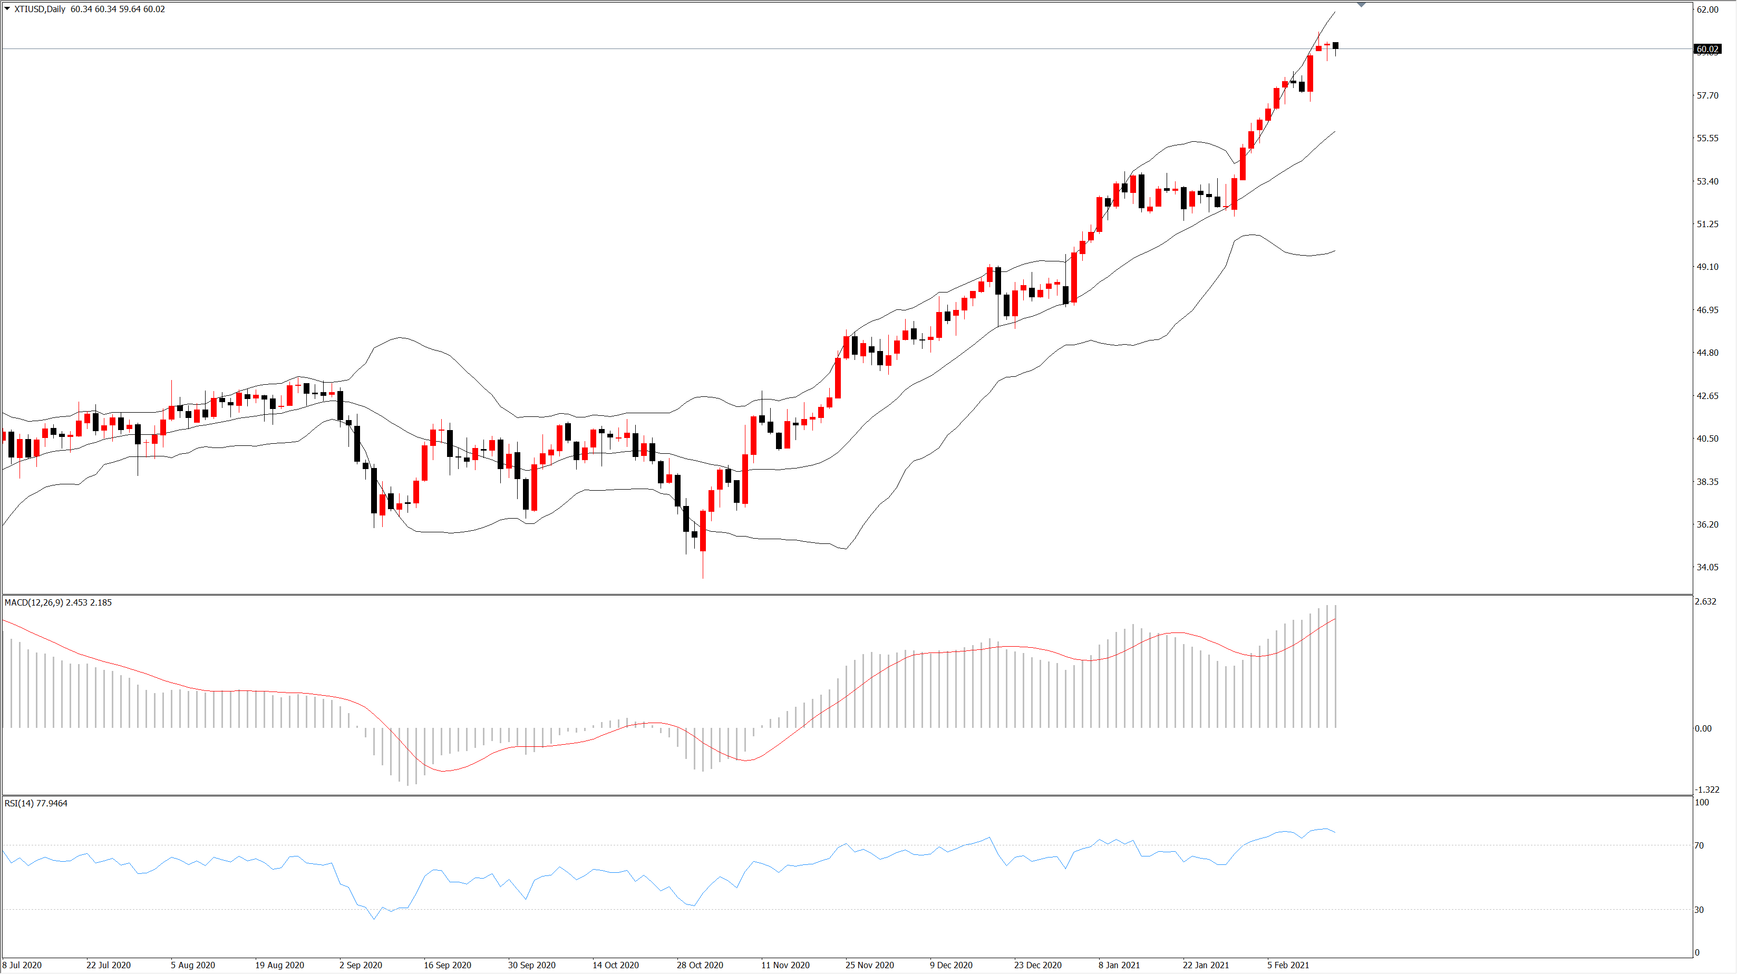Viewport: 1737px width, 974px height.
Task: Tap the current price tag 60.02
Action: click(1707, 49)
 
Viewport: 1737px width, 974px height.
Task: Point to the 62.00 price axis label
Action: click(1708, 9)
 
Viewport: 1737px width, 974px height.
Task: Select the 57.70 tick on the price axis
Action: click(1708, 96)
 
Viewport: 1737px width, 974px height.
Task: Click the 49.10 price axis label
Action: click(1708, 267)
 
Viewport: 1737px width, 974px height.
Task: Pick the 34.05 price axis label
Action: click(1708, 567)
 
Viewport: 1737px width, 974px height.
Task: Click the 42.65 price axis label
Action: click(1708, 396)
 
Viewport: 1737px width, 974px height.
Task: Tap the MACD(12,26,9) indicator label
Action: click(34, 602)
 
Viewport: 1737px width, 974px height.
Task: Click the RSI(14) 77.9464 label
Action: click(36, 803)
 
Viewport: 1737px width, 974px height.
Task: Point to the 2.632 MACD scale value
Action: click(1706, 601)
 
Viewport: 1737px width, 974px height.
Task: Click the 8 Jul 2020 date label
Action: click(22, 965)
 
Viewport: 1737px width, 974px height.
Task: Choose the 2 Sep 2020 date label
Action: click(361, 965)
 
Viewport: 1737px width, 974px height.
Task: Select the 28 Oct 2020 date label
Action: click(700, 965)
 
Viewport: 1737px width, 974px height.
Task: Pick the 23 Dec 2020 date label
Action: click(1038, 965)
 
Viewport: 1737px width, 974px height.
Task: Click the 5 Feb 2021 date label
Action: click(1288, 965)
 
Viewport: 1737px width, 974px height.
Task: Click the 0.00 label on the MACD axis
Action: click(1703, 728)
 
